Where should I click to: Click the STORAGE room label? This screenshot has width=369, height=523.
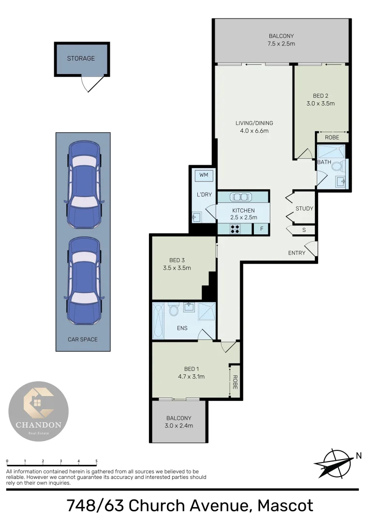click(81, 59)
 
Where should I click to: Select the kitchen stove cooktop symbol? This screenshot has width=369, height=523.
click(236, 228)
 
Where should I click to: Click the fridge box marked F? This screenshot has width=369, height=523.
click(262, 228)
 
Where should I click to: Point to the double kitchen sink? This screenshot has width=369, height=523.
click(241, 197)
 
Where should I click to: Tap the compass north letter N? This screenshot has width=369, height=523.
click(358, 455)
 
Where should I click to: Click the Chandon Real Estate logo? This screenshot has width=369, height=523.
click(39, 411)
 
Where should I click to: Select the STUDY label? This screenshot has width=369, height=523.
click(305, 209)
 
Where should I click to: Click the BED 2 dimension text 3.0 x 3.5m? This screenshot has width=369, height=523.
click(321, 104)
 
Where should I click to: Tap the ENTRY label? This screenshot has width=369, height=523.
click(296, 253)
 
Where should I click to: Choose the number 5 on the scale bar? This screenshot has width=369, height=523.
click(97, 461)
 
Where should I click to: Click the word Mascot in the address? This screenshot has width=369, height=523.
click(285, 506)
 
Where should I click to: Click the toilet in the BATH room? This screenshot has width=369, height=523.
click(338, 166)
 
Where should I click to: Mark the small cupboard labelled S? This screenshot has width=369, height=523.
click(304, 230)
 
